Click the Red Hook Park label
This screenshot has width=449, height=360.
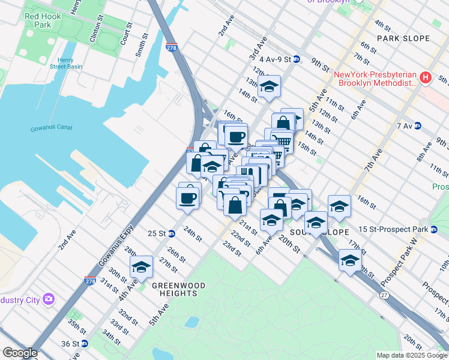click(43, 20)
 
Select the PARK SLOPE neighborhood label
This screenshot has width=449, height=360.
click(403, 38)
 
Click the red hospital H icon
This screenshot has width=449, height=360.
click(426, 77)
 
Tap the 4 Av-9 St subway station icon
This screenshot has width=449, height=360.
click(297, 59)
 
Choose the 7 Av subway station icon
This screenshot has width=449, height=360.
click(417, 126)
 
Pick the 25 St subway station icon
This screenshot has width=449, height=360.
click(172, 233)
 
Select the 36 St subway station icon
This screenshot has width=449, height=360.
click(84, 344)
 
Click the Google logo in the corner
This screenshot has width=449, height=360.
click(20, 352)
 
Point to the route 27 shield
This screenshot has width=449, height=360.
click(383, 295)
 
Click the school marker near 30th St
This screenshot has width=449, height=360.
click(142, 267)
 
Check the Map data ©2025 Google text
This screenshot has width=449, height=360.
click(411, 355)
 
